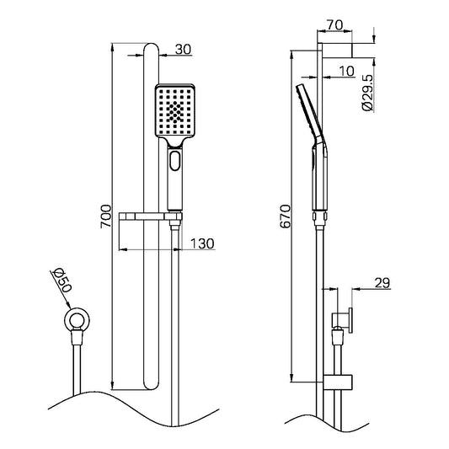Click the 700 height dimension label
point(106,216)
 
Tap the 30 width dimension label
point(183,49)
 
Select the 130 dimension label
point(202,243)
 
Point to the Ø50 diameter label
point(61,281)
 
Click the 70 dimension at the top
point(334,25)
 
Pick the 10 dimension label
point(347,71)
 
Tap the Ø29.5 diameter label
point(367,93)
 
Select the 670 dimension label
point(286,216)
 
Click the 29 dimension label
point(382,283)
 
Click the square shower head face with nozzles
point(175,111)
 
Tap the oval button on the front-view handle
point(174,161)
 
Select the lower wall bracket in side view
point(338,382)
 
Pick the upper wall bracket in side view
point(338,50)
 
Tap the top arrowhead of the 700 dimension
point(113,47)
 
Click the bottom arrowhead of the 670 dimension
point(291,377)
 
